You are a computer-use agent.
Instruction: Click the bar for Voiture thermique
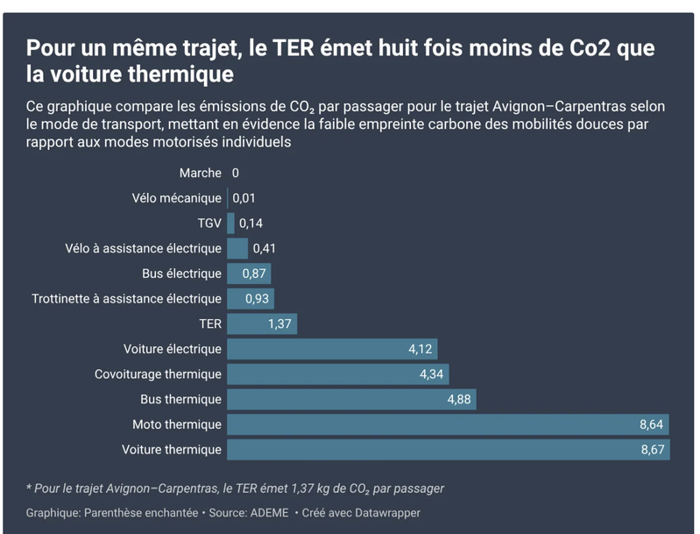pos(447,450)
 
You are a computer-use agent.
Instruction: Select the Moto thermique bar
pos(447,424)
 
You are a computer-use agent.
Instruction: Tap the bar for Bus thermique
pos(350,400)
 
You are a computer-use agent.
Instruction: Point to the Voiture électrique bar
pos(331,349)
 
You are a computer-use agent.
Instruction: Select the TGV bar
pos(231,224)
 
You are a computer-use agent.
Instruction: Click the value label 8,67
pos(653,450)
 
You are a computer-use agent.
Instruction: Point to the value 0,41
pos(264,249)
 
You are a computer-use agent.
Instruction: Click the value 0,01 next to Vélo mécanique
pos(244,199)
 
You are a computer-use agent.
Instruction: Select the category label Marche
pos(200,174)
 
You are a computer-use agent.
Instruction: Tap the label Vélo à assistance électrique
pos(143,249)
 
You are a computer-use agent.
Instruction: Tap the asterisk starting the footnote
pos(29,488)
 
